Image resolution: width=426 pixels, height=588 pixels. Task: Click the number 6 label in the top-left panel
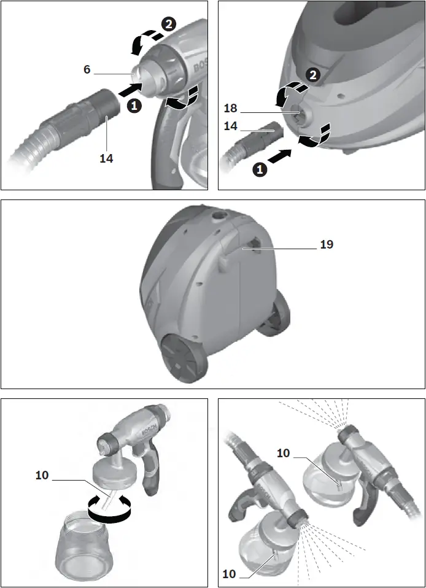(87, 70)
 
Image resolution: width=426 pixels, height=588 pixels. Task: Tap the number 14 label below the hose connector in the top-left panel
(106, 158)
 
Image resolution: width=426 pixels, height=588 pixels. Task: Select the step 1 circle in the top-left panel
(133, 106)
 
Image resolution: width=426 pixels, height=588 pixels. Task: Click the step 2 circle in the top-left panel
(167, 25)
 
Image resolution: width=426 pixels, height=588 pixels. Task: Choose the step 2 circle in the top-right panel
(313, 75)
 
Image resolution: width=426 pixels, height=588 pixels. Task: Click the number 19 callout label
(327, 244)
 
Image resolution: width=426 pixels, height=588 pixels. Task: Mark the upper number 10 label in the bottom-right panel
(283, 453)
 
